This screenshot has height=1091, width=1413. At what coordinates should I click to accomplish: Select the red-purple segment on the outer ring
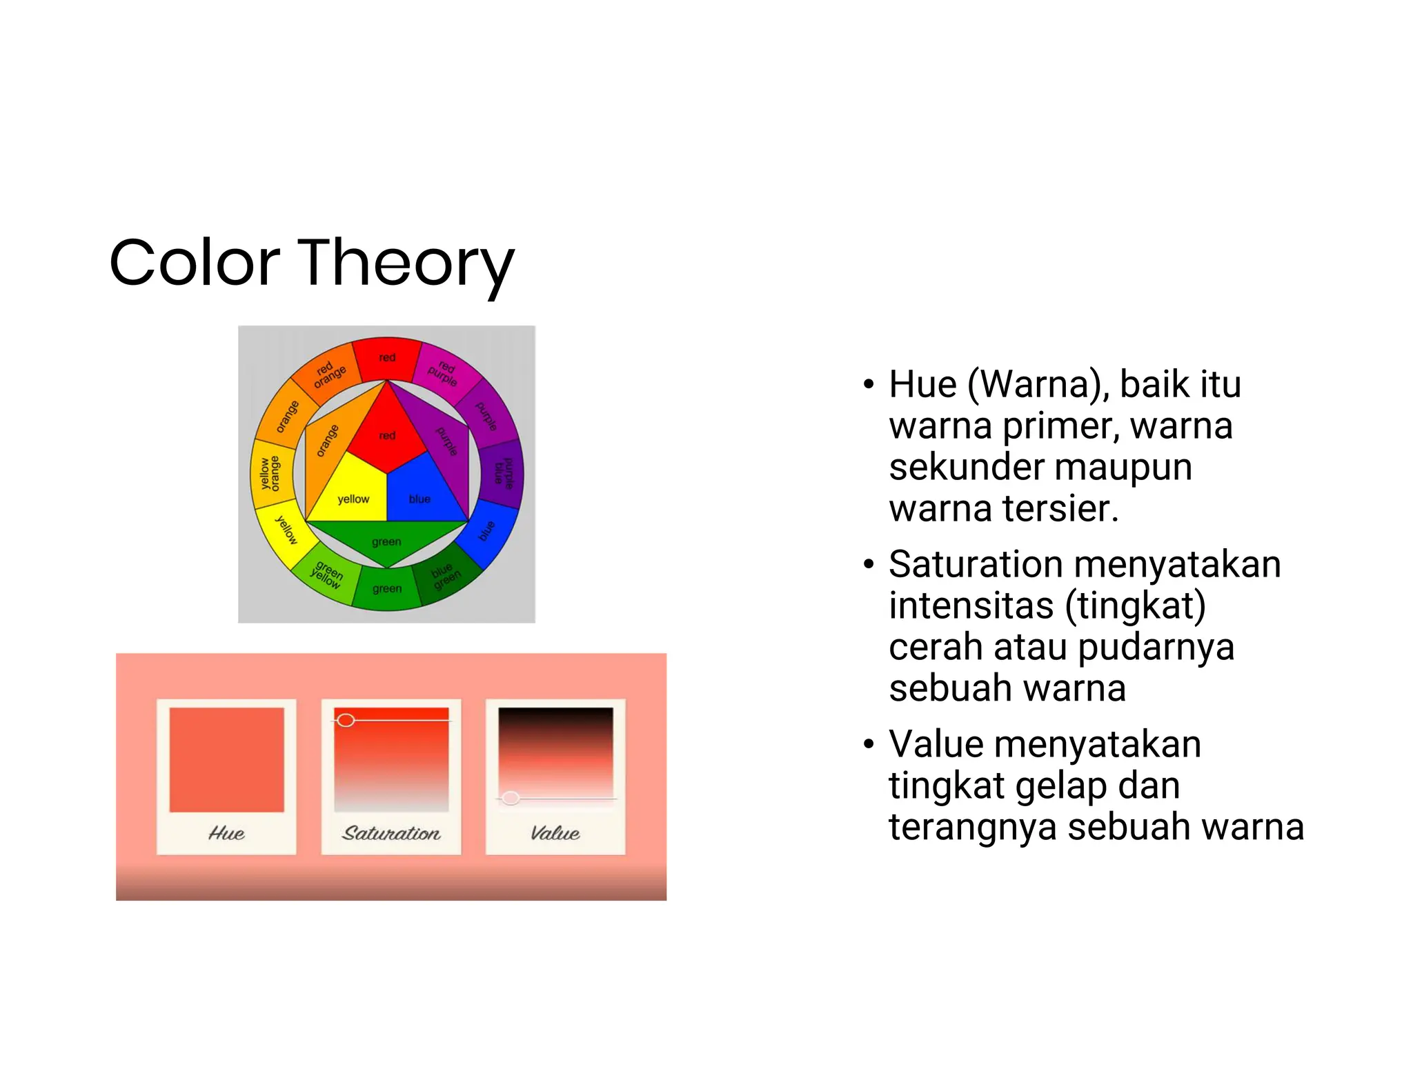click(x=444, y=372)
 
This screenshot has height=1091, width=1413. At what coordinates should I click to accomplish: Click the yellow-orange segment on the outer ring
click(x=268, y=473)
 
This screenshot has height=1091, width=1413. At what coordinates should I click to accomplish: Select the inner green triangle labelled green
click(x=386, y=541)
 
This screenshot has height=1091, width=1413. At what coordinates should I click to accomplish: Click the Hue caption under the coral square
click(x=226, y=833)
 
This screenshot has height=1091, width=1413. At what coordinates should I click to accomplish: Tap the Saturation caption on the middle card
click(x=391, y=833)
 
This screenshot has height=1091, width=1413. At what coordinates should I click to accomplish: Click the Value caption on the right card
click(x=555, y=833)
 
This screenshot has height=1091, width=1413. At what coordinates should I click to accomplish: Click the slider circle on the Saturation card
click(x=346, y=721)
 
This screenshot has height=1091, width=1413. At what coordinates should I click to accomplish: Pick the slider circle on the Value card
click(x=511, y=798)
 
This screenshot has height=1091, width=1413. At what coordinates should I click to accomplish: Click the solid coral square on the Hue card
click(x=226, y=759)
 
